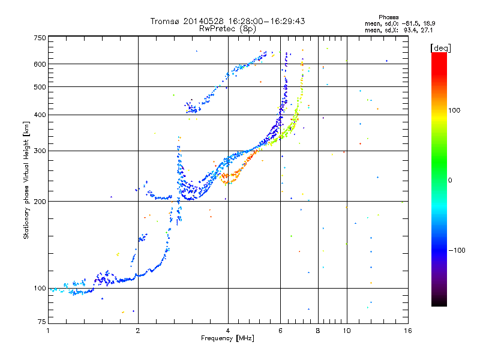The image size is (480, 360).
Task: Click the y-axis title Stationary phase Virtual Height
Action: pos(26,180)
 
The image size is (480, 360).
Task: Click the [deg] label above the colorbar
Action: pos(440,47)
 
